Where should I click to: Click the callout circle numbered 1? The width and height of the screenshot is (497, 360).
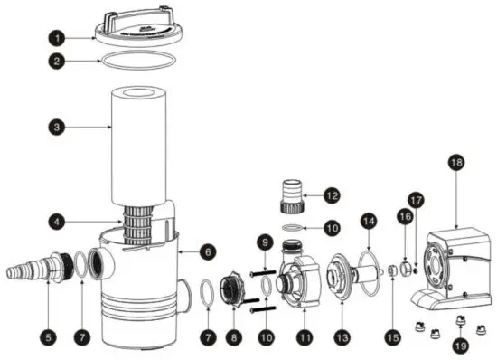57,39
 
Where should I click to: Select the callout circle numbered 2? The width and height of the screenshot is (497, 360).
57,63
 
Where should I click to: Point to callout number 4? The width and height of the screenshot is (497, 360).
57,219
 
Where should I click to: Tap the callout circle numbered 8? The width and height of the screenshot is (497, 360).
235,336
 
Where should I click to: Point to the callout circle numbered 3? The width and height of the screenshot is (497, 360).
57,128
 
